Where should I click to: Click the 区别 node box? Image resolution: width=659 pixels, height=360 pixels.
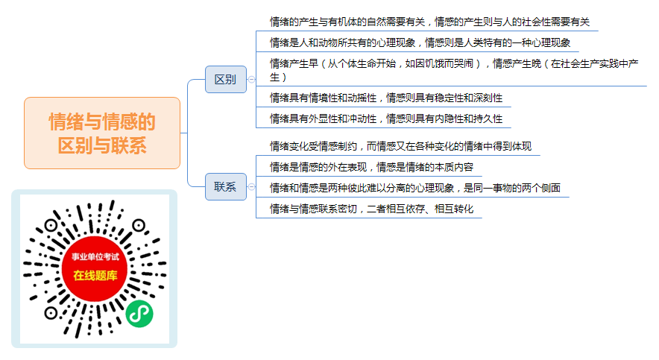(226, 80)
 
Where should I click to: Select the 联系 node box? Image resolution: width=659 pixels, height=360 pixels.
(226, 186)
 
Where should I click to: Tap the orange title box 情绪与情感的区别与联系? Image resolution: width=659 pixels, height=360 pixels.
(102, 133)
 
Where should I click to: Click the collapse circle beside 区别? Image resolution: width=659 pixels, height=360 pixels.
(251, 80)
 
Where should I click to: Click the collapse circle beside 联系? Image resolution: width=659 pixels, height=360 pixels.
(251, 186)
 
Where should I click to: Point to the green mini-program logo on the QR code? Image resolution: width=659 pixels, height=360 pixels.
(139, 314)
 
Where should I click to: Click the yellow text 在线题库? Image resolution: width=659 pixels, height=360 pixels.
(95, 276)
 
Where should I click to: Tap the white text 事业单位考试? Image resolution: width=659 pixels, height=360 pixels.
(95, 256)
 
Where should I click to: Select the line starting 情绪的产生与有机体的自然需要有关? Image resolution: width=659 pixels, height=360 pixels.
(429, 22)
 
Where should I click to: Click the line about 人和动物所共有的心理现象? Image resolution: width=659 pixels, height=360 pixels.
(420, 42)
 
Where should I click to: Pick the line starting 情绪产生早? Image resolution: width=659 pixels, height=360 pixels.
(454, 70)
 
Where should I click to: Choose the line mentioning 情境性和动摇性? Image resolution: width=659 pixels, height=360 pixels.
(386, 98)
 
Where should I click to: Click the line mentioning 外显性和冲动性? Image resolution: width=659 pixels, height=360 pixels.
(386, 119)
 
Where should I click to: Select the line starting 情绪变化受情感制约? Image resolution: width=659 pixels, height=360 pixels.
(400, 146)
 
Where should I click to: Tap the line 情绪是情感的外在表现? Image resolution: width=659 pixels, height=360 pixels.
(371, 167)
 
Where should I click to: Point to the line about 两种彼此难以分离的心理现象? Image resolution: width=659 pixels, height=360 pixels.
(415, 188)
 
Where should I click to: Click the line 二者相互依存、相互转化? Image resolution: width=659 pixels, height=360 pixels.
(371, 209)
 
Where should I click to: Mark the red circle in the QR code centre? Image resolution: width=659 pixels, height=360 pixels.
(95, 268)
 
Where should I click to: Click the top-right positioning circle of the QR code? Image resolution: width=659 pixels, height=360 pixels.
(139, 226)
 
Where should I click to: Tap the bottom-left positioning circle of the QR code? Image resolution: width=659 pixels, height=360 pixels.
(51, 313)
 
